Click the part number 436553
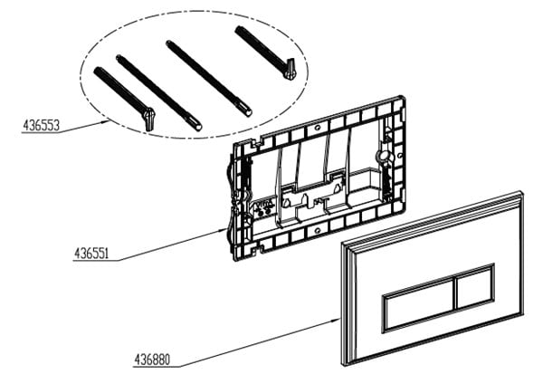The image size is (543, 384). (x=42, y=126)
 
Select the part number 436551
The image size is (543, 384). (x=91, y=254)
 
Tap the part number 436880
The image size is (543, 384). (x=152, y=360)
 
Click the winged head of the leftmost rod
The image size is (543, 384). (x=149, y=119)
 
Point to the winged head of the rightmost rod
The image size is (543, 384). (x=289, y=69)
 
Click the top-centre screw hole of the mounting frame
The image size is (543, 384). (x=318, y=128)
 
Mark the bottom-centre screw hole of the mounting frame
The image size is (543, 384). (x=316, y=229)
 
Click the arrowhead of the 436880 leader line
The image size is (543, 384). (x=338, y=320)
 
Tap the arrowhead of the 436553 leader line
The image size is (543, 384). (x=106, y=121)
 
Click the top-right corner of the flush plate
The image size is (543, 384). (x=522, y=191)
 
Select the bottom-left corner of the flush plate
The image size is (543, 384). (x=344, y=365)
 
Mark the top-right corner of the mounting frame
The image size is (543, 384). (x=404, y=96)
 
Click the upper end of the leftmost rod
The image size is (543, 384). (x=96, y=70)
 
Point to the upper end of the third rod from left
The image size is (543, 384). (x=168, y=43)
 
